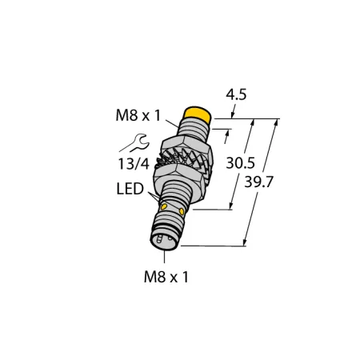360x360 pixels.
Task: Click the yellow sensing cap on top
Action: click(x=197, y=114)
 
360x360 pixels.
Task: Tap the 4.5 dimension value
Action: click(x=236, y=95)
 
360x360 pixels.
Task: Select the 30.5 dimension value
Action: click(x=240, y=163)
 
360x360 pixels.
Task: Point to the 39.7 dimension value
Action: click(x=259, y=182)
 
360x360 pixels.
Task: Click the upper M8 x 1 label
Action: click(x=138, y=116)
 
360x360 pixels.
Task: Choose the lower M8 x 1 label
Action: click(x=166, y=277)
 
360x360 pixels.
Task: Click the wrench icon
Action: click(x=134, y=142)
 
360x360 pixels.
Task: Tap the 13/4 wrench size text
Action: click(x=134, y=164)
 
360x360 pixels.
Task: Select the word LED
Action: click(x=130, y=189)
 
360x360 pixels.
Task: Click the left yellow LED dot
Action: click(x=164, y=206)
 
